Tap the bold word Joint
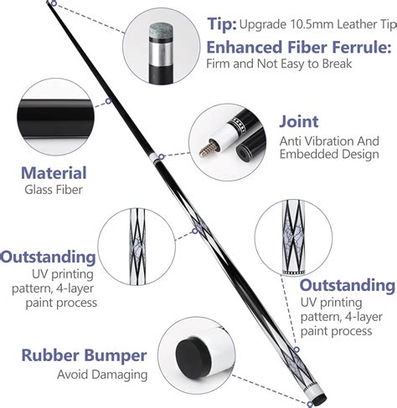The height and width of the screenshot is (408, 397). point(298,122)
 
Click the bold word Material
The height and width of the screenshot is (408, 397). point(54,173)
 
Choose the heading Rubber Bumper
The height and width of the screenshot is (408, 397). point(74,355)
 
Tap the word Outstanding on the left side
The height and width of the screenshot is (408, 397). point(46,255)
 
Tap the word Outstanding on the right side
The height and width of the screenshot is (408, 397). point(348,285)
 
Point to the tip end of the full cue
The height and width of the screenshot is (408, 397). point(52,3)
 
